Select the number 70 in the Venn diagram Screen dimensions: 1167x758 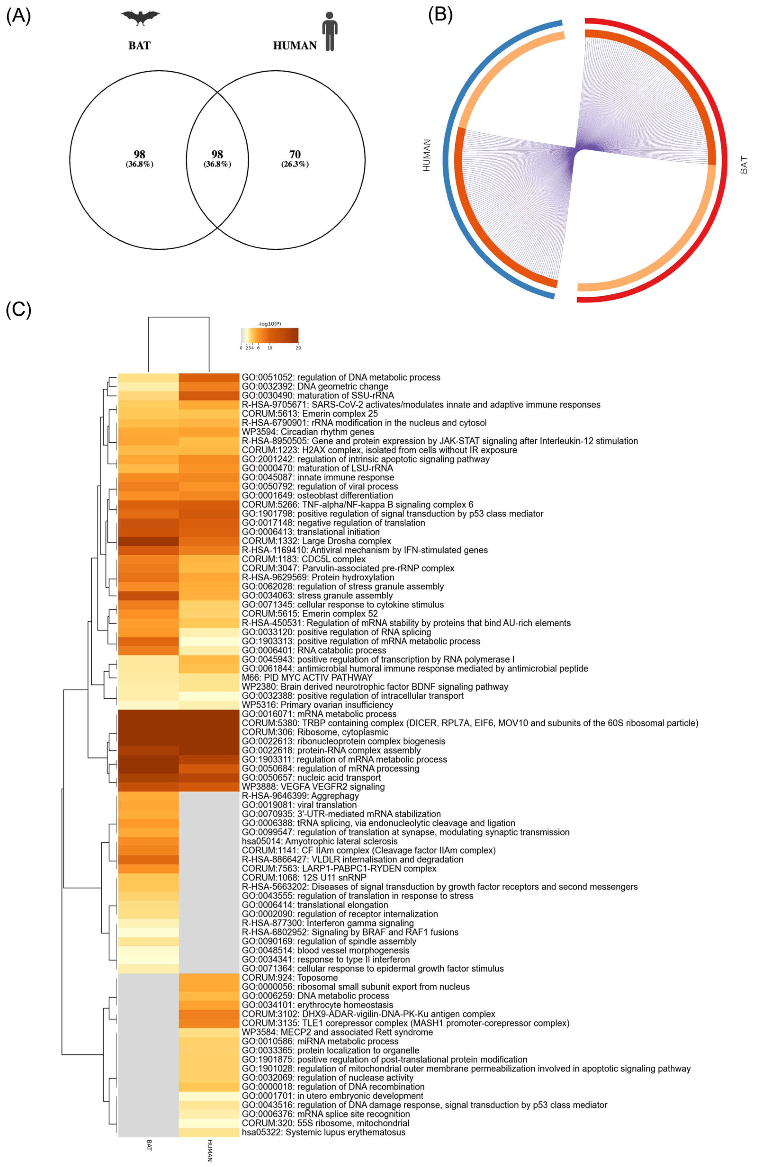click(x=295, y=154)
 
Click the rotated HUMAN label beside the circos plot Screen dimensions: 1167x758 click(x=426, y=155)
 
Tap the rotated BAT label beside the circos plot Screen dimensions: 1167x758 click(x=744, y=165)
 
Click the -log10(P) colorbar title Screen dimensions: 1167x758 click(x=270, y=324)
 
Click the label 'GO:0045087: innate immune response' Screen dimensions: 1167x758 click(x=318, y=477)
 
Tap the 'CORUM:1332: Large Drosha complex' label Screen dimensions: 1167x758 click(x=316, y=541)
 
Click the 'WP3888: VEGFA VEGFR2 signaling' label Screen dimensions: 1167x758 click(x=313, y=786)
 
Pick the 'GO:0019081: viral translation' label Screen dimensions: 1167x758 click(x=299, y=805)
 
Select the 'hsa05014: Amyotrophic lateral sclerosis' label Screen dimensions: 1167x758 click(x=320, y=841)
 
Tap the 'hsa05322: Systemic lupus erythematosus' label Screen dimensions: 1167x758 click(x=323, y=1132)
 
